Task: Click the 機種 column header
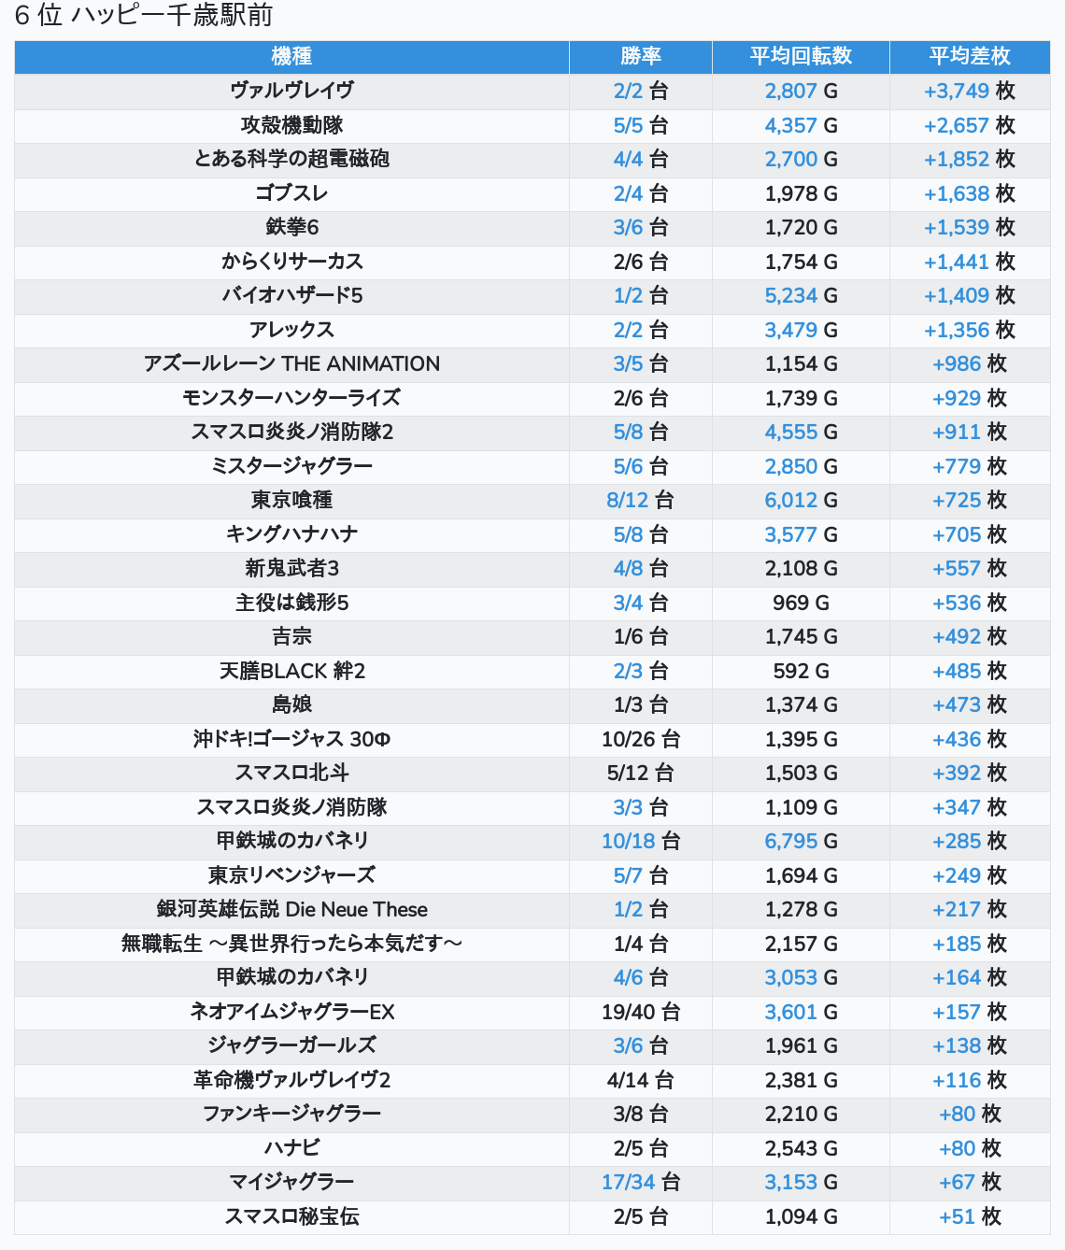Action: (291, 56)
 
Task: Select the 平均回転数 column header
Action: (801, 56)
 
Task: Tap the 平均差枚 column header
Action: (970, 56)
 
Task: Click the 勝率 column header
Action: (641, 56)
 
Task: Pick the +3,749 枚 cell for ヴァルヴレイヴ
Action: (970, 91)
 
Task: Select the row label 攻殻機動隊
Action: (291, 125)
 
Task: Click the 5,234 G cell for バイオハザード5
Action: (801, 295)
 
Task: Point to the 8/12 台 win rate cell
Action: (641, 500)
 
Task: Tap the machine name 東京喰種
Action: (291, 500)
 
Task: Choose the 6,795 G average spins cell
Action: (801, 841)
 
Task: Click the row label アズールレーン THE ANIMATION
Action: (291, 363)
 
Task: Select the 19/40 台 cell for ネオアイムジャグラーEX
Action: (641, 1012)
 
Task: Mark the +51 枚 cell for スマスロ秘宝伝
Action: (970, 1216)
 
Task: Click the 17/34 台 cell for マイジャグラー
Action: (641, 1182)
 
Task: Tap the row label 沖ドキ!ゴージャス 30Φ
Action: (291, 739)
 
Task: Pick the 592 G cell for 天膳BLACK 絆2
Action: (801, 671)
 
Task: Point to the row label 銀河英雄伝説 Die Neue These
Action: (291, 909)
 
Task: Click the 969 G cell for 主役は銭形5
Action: (801, 603)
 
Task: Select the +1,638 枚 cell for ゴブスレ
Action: (970, 193)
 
